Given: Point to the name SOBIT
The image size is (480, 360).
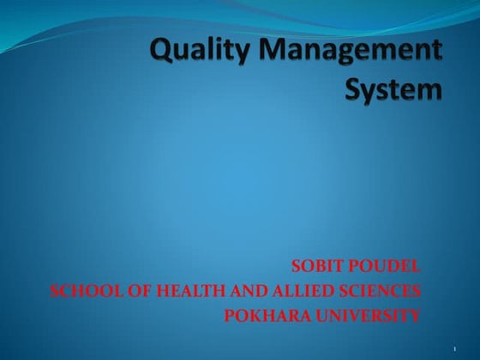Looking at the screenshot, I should pyautogui.click(x=316, y=266).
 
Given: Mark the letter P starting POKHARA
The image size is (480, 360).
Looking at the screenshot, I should pyautogui.click(x=229, y=316).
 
